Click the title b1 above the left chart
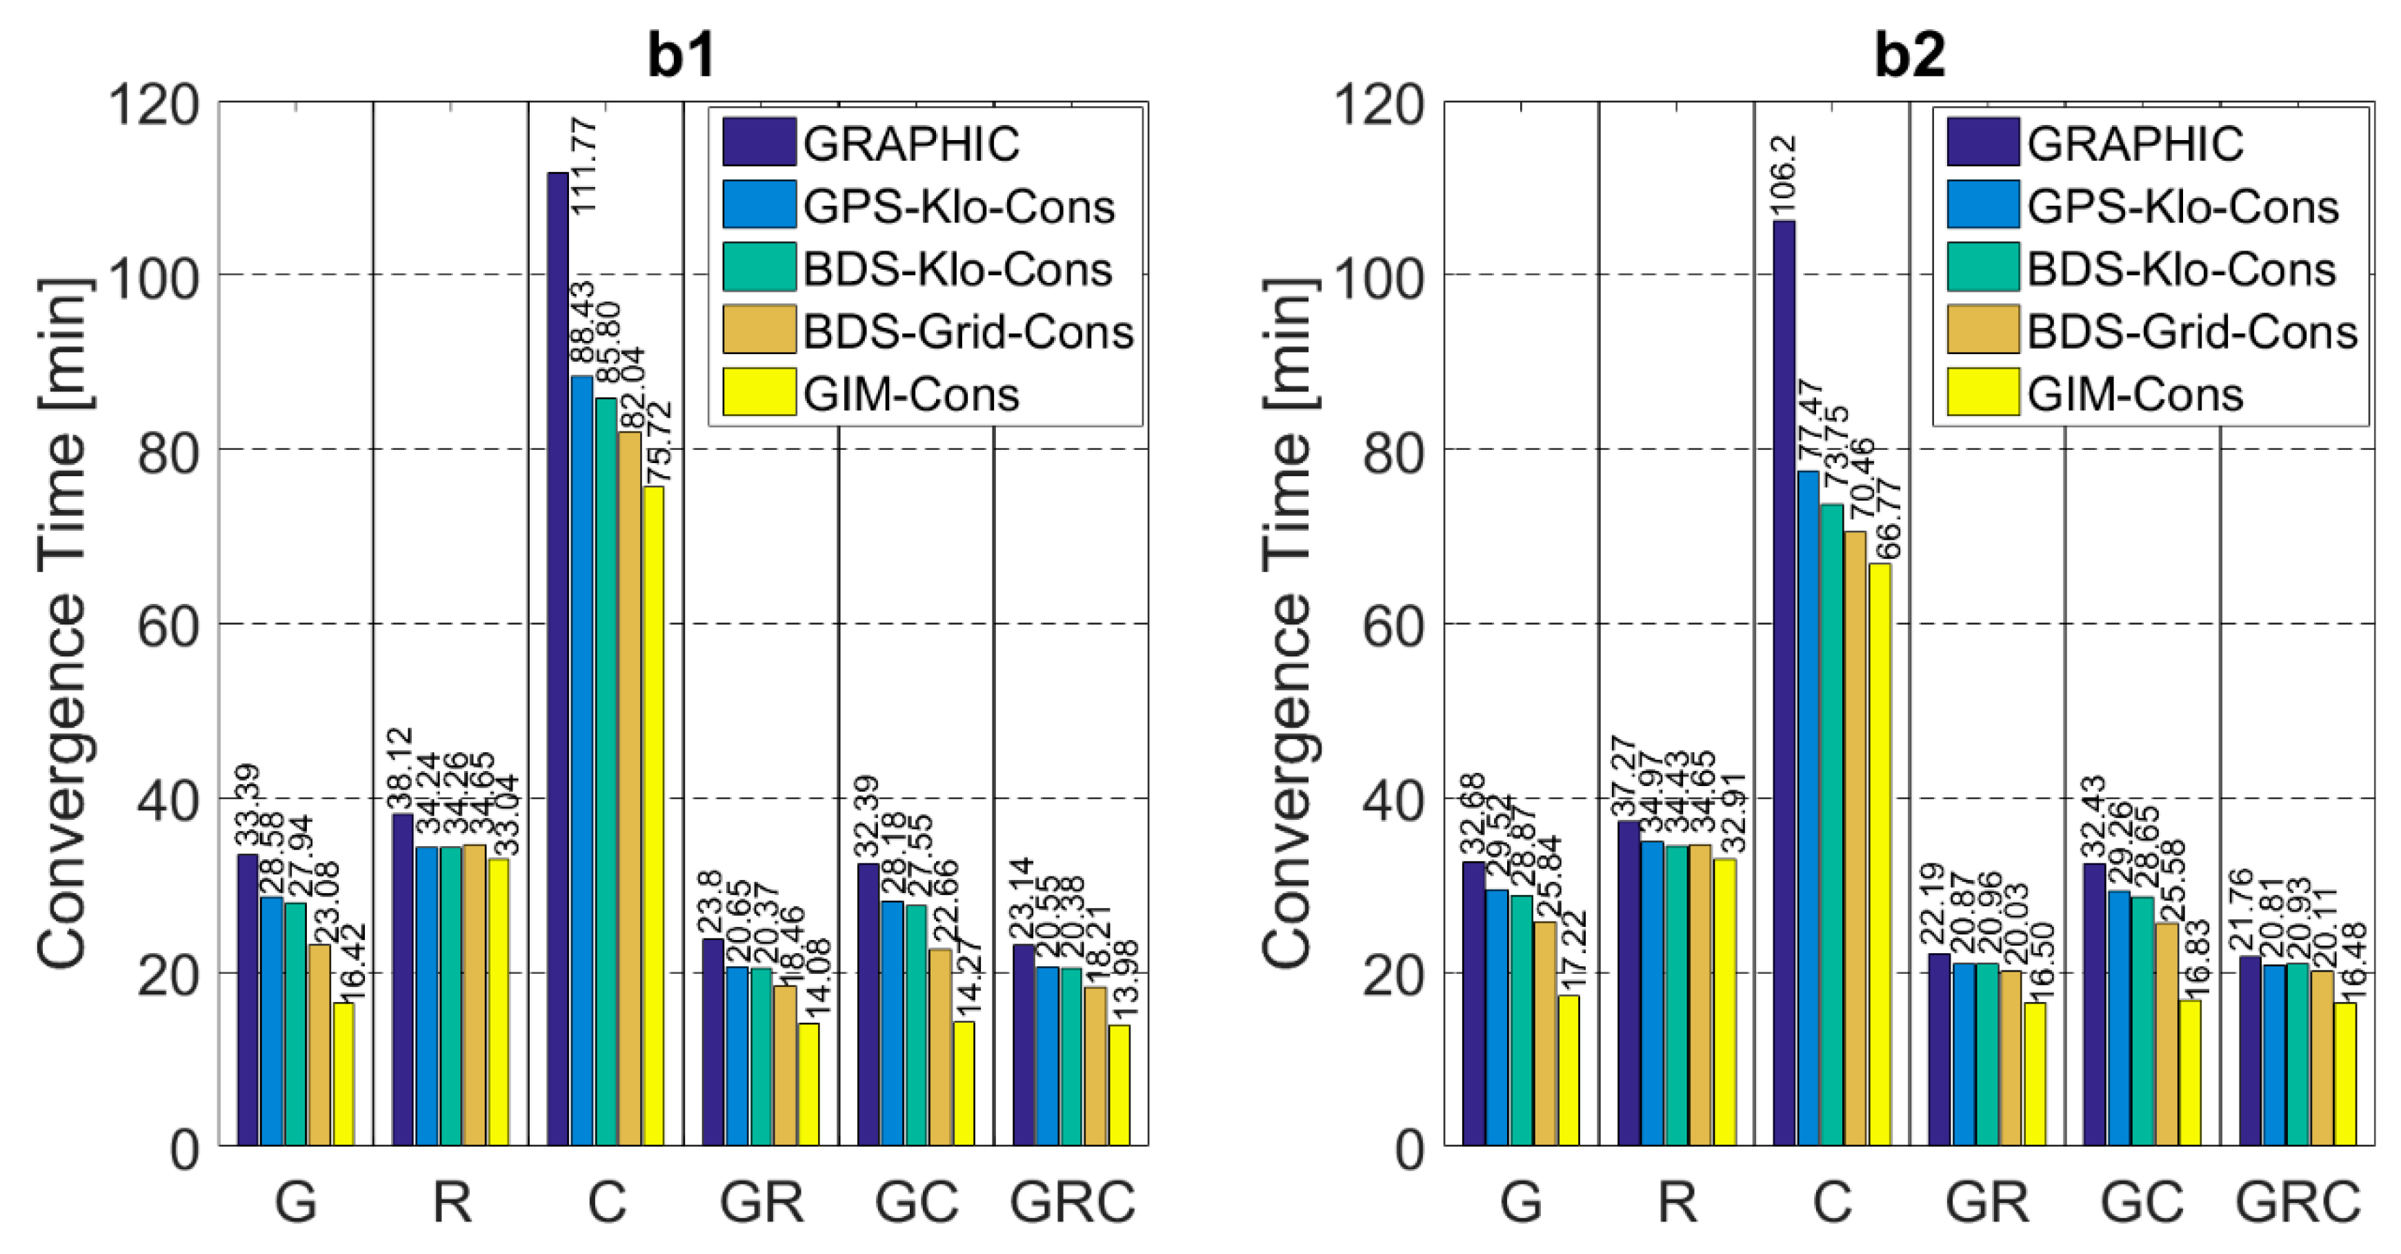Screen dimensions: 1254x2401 681,55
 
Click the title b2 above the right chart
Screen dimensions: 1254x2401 1909,55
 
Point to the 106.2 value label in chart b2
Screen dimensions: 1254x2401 1784,176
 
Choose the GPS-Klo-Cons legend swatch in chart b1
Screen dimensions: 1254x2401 759,204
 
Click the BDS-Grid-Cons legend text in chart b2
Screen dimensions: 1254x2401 2192,332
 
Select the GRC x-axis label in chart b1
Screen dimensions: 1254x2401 1072,1202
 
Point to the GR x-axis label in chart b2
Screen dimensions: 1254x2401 1986,1202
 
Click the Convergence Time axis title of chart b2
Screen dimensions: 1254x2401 1287,623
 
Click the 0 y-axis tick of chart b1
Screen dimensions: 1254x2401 185,1150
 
